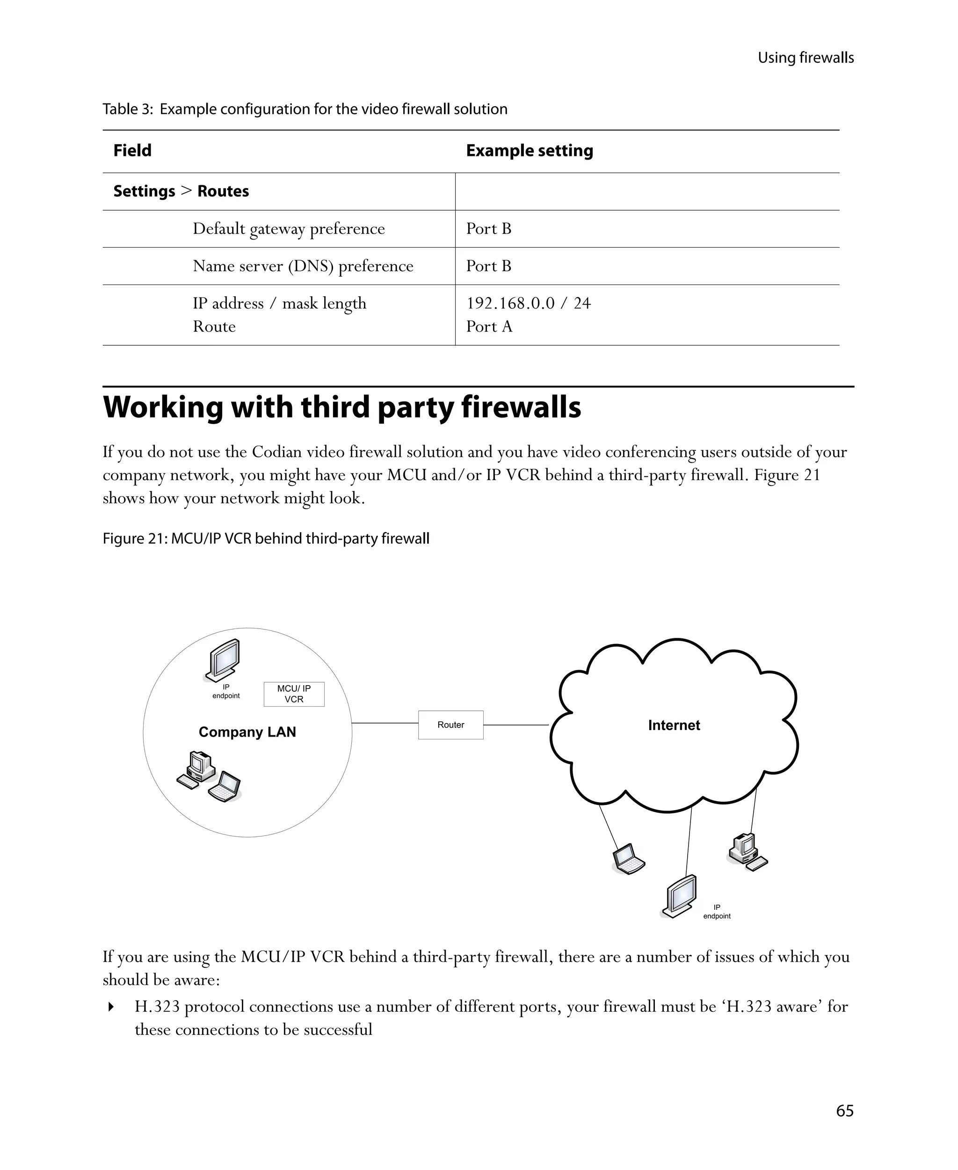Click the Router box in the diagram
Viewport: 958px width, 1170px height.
point(450,724)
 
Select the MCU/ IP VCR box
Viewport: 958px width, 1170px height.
point(294,694)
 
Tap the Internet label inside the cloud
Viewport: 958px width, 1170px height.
point(673,725)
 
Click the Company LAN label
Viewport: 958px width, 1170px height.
point(247,731)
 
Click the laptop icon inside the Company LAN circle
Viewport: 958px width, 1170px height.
point(225,786)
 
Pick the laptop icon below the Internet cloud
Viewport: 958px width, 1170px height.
point(628,859)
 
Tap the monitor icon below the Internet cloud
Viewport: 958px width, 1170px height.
point(679,896)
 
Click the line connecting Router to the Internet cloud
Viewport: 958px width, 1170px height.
point(516,724)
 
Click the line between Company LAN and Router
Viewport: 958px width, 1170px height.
point(385,723)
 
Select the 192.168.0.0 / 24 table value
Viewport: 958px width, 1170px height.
point(528,303)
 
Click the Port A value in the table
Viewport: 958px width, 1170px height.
point(489,326)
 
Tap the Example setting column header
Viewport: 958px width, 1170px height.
point(529,150)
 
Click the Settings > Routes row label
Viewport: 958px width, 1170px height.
point(181,191)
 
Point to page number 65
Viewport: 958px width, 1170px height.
point(844,1111)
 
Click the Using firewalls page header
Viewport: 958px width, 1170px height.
point(805,58)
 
